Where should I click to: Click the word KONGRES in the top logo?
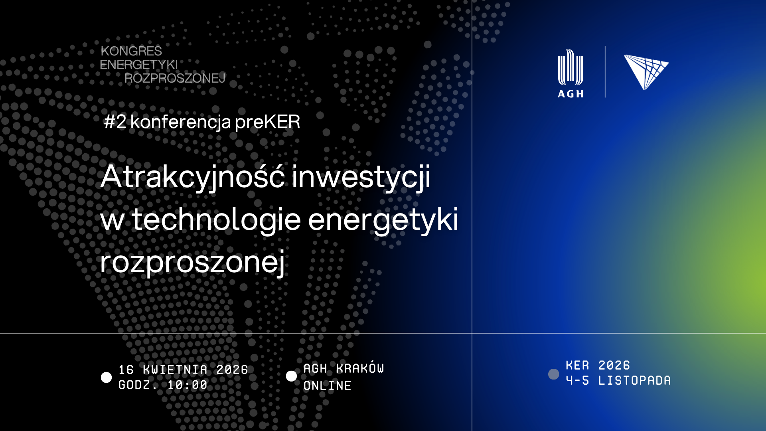pyautogui.click(x=131, y=51)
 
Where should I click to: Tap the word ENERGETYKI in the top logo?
pyautogui.click(x=139, y=65)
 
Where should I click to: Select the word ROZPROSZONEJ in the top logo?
pyautogui.click(x=175, y=78)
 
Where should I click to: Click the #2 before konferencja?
pyautogui.click(x=115, y=122)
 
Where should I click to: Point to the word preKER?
pyautogui.click(x=267, y=122)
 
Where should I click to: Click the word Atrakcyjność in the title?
pyautogui.click(x=193, y=177)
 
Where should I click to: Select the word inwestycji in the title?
pyautogui.click(x=361, y=177)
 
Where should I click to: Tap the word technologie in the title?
pyautogui.click(x=216, y=219)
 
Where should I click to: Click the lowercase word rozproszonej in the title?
pyautogui.click(x=193, y=262)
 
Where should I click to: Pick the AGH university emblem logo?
pyautogui.click(x=571, y=73)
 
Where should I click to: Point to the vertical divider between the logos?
pyautogui.click(x=605, y=72)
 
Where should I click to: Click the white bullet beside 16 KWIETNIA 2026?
pyautogui.click(x=107, y=378)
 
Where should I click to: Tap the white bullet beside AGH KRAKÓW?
pyautogui.click(x=292, y=376)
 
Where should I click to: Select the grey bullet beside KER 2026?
pyautogui.click(x=554, y=374)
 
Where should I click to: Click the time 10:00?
pyautogui.click(x=188, y=385)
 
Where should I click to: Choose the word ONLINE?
pyautogui.click(x=328, y=386)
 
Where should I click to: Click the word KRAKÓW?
pyautogui.click(x=360, y=368)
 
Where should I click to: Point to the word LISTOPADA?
pyautogui.click(x=635, y=380)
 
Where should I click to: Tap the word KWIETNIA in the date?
pyautogui.click(x=176, y=370)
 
